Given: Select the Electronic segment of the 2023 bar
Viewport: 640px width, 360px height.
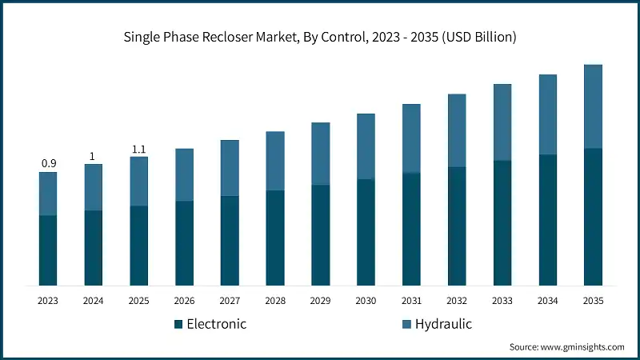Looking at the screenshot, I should pyautogui.click(x=48, y=250).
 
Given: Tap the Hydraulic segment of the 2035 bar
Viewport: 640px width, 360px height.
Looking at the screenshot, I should pyautogui.click(x=593, y=106).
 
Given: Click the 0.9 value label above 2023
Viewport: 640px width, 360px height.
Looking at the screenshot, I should pyautogui.click(x=48, y=164).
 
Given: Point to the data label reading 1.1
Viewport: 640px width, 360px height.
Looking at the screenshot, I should pyautogui.click(x=138, y=149).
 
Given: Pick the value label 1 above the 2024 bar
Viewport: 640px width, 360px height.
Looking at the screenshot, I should pyautogui.click(x=93, y=157).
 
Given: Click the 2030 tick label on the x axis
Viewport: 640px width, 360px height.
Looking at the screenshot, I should pyautogui.click(x=366, y=301).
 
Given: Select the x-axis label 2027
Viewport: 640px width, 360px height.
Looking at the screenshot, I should pyautogui.click(x=230, y=301).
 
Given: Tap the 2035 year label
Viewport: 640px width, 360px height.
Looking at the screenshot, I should pyautogui.click(x=593, y=301).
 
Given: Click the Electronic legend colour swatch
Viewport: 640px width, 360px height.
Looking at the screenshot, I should pyautogui.click(x=178, y=324).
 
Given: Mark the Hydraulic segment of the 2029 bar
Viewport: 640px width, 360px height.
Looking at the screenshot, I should pyautogui.click(x=320, y=154).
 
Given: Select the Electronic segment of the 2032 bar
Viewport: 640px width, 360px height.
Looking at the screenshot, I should pyautogui.click(x=457, y=226).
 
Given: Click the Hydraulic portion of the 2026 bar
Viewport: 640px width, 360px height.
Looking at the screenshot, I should pyautogui.click(x=184, y=174).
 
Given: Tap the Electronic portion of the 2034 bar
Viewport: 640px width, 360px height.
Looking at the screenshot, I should pyautogui.click(x=547, y=220).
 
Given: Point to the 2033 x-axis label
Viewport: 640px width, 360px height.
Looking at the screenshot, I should pyautogui.click(x=502, y=301).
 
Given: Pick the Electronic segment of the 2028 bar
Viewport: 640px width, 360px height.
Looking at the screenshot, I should pyautogui.click(x=275, y=238).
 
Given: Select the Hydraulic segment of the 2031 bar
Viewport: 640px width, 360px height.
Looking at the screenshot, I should pyautogui.click(x=411, y=138).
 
